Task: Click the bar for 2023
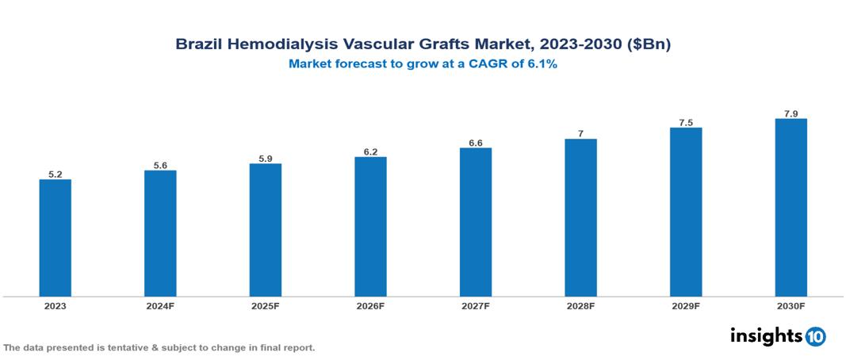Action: pos(55,238)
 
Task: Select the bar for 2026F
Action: pos(370,227)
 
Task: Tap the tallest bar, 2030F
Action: pos(790,208)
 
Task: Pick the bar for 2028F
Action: pos(580,218)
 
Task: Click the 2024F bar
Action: pos(160,233)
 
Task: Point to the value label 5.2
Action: pos(55,174)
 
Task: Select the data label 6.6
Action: pos(476,143)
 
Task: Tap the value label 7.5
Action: pos(686,123)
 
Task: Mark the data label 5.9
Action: pos(266,159)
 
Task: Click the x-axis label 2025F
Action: pos(266,305)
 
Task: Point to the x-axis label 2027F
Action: pos(476,305)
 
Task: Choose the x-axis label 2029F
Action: pos(686,305)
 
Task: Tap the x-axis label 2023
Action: pos(55,305)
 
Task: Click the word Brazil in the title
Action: pos(198,45)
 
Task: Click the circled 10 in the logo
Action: pos(815,336)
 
